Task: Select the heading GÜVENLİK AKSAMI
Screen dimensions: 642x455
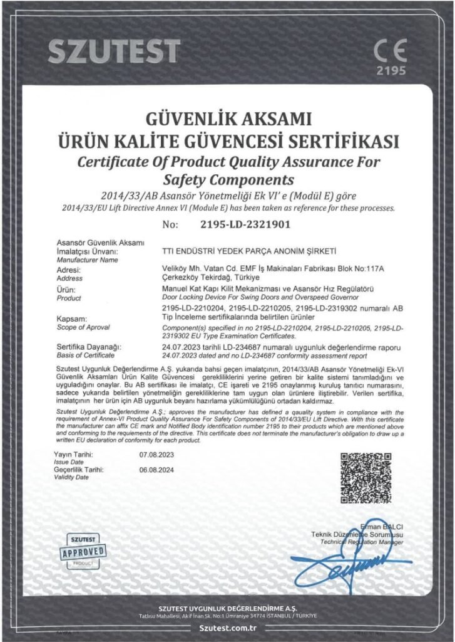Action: tap(228, 119)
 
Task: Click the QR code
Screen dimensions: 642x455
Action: tap(366, 476)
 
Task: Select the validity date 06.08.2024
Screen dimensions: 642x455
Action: tap(158, 470)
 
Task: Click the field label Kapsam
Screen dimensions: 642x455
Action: tap(71, 319)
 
